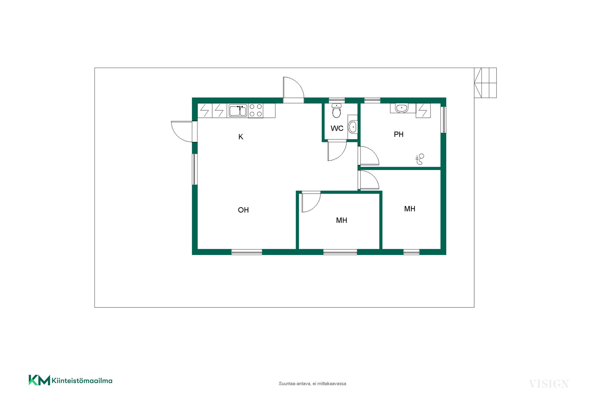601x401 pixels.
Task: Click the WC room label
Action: pos(337,128)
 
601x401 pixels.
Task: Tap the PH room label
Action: pos(398,134)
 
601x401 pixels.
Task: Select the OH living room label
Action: pos(243,210)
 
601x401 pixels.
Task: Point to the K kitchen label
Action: pos(241,137)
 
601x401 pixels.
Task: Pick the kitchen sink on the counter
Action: pos(238,111)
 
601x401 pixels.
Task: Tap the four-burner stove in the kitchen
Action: pos(256,111)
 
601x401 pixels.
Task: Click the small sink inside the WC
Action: pos(353,127)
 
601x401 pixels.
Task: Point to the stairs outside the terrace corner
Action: pos(485,83)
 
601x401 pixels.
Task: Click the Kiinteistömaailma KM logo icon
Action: pos(39,380)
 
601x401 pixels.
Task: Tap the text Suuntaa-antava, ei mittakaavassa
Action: pos(312,383)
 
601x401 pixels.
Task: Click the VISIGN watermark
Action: pos(549,384)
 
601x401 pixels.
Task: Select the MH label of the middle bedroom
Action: pos(342,220)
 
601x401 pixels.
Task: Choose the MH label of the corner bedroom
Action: pos(410,209)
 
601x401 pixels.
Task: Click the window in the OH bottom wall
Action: pos(247,252)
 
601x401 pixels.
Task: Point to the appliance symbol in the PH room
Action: pos(423,111)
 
